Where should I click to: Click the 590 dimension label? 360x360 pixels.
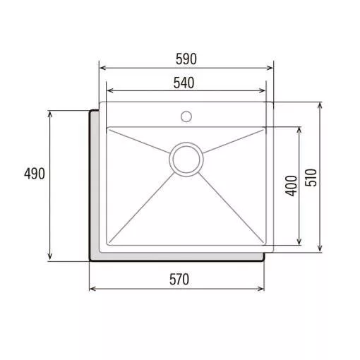coord(186,59)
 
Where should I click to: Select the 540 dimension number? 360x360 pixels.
coord(184,83)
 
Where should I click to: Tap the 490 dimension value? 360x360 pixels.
coord(35,174)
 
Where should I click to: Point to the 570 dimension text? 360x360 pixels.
coord(179,280)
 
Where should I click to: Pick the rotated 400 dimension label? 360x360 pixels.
coord(291,186)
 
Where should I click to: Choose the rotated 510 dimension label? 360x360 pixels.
coord(311,177)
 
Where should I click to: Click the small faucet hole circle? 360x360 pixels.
coord(186,116)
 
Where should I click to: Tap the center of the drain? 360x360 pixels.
coord(186,160)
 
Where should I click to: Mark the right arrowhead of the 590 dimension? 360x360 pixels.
coord(270,68)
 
